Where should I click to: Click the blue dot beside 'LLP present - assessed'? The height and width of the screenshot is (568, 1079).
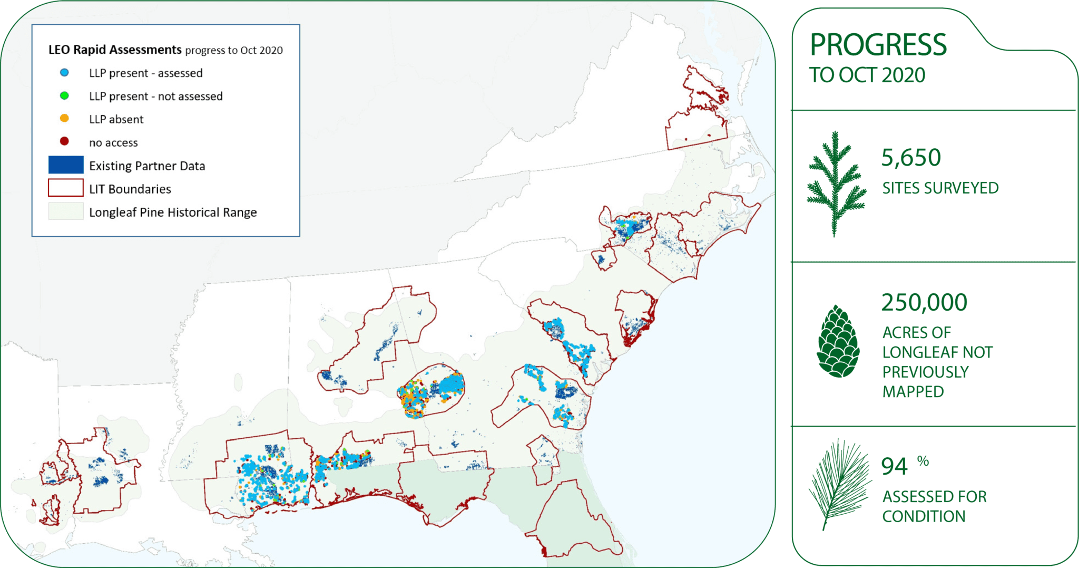[x=64, y=73]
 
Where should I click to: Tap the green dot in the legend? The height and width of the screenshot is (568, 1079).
[x=64, y=96]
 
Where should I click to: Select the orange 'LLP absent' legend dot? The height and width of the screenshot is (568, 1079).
[x=64, y=119]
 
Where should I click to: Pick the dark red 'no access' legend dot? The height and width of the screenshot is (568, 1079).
[x=64, y=141]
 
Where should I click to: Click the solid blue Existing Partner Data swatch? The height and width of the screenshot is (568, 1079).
[x=66, y=165]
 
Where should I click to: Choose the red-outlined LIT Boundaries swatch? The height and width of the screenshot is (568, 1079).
[x=66, y=188]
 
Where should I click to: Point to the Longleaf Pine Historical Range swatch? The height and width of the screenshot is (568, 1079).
[x=66, y=211]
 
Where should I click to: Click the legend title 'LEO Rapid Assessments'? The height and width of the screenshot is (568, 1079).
[x=115, y=50]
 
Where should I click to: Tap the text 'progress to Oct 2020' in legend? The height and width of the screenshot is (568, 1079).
[x=234, y=51]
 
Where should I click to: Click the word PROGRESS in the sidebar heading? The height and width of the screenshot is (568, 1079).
[x=878, y=45]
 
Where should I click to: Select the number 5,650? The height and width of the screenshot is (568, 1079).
[x=911, y=158]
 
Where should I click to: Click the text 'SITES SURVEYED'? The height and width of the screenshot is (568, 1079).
[x=940, y=188]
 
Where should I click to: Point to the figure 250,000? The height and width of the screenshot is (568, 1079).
[x=924, y=303]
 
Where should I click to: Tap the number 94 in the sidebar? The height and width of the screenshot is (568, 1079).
[x=894, y=467]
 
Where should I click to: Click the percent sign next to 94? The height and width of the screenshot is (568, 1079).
[x=923, y=461]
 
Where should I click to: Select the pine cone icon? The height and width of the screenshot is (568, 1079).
[x=838, y=342]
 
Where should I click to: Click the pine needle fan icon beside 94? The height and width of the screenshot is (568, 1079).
[x=840, y=483]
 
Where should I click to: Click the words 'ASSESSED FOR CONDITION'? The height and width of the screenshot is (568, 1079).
[x=934, y=506]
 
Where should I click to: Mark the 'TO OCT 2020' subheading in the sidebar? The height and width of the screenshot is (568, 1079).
[x=867, y=75]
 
